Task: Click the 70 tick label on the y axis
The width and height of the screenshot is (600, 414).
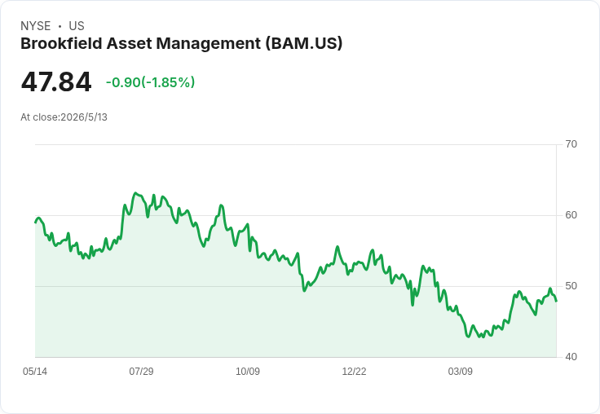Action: tap(571, 144)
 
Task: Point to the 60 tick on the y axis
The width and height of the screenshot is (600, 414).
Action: tap(571, 215)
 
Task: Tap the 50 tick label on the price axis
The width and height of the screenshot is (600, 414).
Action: tap(571, 286)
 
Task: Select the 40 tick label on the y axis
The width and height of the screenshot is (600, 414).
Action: tap(571, 357)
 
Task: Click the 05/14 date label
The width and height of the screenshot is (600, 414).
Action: tap(35, 371)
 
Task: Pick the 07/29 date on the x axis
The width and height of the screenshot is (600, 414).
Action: tap(141, 371)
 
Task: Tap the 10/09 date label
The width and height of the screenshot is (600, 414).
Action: tap(248, 371)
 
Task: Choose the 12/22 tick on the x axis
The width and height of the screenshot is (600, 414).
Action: tap(354, 371)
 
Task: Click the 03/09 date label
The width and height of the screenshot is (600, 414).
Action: tap(461, 371)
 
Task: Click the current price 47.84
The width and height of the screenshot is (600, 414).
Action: tap(56, 82)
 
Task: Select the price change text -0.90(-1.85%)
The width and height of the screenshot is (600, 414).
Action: tap(150, 82)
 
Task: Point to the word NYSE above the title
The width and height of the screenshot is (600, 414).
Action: tap(36, 26)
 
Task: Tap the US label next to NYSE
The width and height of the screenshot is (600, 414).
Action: tap(77, 26)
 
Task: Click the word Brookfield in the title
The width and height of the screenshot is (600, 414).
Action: tap(61, 43)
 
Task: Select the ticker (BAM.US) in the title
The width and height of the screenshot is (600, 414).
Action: tap(303, 44)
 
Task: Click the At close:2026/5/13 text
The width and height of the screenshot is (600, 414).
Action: tap(64, 117)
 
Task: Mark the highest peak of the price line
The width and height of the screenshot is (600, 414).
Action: tap(135, 193)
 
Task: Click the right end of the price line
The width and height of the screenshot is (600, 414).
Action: tap(556, 301)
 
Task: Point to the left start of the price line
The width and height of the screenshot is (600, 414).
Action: tap(35, 222)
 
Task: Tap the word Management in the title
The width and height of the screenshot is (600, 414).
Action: tap(209, 44)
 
